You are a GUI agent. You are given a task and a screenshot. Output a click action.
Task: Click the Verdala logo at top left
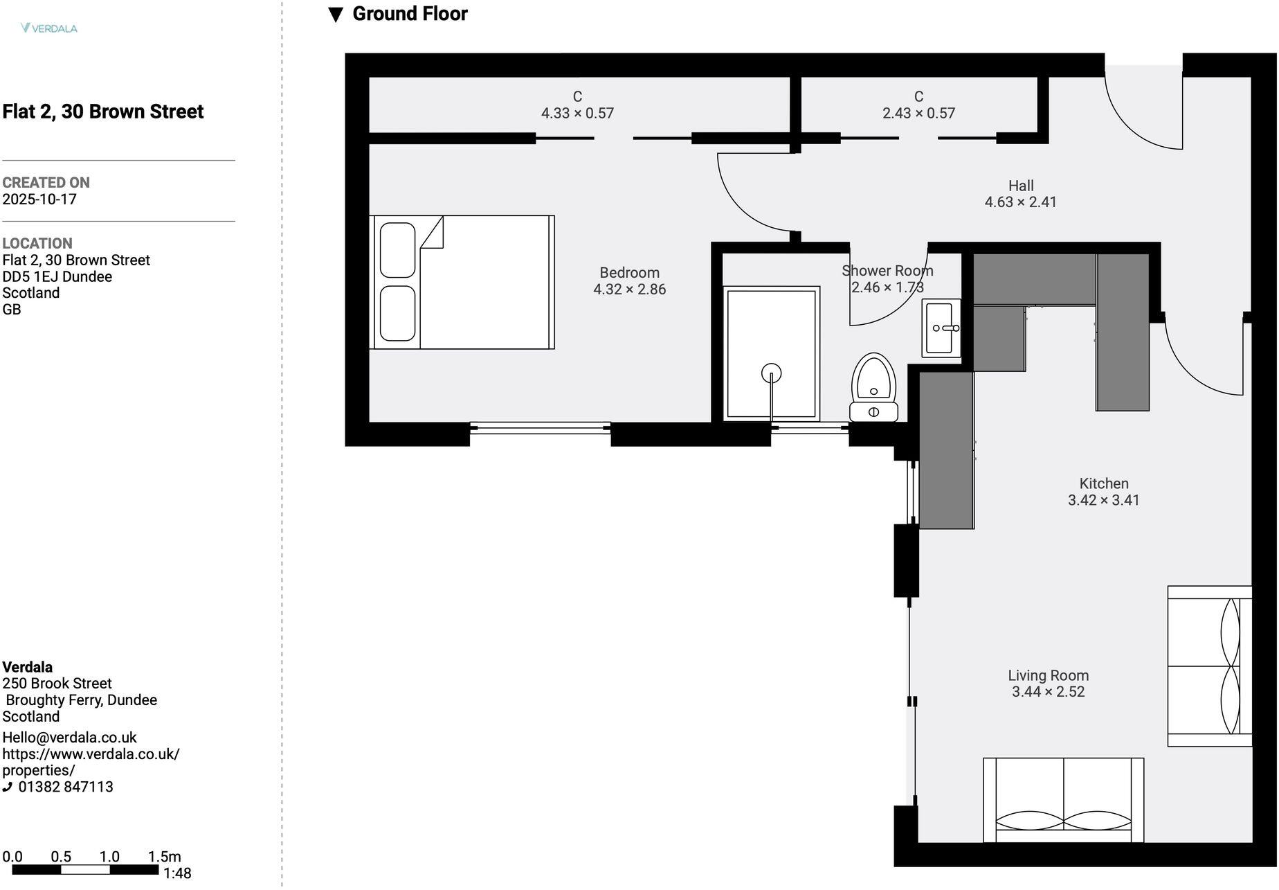[x=49, y=28]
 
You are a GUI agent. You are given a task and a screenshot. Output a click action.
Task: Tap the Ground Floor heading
[x=409, y=14]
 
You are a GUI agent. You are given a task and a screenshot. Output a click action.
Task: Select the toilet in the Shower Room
[x=873, y=388]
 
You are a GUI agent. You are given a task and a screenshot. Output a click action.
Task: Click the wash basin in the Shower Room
[x=941, y=328]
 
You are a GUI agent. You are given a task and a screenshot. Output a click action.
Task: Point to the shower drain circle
[x=771, y=373]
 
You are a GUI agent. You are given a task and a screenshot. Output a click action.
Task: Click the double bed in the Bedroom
[x=462, y=283]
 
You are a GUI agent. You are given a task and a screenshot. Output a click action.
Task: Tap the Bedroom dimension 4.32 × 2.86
[x=629, y=290]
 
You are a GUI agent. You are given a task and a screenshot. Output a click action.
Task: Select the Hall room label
[x=1021, y=186]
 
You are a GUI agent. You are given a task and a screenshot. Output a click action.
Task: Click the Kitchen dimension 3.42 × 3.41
[x=1103, y=500]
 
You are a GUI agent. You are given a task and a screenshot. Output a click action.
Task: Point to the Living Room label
[x=1048, y=675]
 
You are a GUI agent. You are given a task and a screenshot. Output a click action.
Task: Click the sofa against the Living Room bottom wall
[x=1063, y=801]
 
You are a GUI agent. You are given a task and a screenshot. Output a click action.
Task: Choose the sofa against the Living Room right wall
[x=1209, y=666]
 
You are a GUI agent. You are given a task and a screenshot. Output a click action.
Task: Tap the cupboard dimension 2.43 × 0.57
[x=918, y=113]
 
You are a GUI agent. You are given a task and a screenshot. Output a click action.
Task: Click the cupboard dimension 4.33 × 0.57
[x=577, y=113]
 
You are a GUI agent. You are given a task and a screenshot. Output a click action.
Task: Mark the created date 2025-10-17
[x=39, y=199]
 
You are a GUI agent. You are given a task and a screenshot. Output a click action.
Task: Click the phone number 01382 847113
[x=65, y=787]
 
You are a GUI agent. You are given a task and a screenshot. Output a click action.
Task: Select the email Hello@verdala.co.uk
[x=69, y=738]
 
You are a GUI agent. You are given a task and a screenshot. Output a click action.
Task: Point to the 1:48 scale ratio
[x=177, y=873]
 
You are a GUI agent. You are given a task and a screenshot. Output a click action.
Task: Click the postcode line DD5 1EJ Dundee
[x=57, y=276]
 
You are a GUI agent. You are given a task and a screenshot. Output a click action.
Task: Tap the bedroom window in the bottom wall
[x=540, y=429]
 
